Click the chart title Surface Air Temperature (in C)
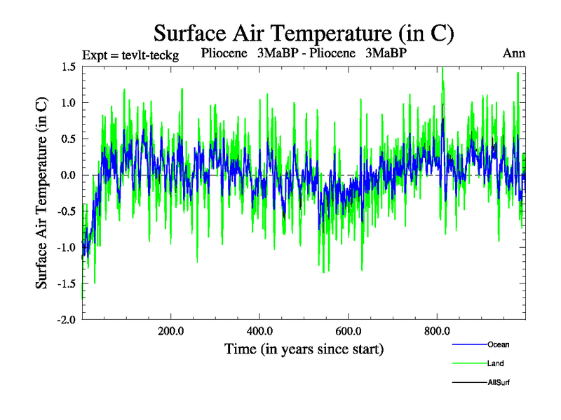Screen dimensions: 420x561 [x=304, y=33]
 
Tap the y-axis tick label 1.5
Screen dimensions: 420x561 [x=68, y=66]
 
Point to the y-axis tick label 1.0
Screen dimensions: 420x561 [x=68, y=103]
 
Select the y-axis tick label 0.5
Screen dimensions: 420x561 [x=68, y=139]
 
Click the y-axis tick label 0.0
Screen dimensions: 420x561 [x=68, y=175]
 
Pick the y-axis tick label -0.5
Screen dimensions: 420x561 [x=67, y=211]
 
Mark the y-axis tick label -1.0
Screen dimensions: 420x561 [x=67, y=247]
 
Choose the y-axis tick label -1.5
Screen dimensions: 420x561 [x=67, y=283]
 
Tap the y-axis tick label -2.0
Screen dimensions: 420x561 [x=67, y=319]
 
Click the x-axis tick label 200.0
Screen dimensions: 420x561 [x=171, y=331]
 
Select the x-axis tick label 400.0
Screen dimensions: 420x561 [x=259, y=331]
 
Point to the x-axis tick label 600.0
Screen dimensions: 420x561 [x=349, y=331]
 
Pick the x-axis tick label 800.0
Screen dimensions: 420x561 [x=437, y=331]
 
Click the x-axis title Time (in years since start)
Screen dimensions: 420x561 [x=304, y=349]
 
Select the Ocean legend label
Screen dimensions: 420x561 [x=498, y=344]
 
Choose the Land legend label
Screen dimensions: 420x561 [x=495, y=363]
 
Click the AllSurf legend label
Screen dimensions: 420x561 [x=499, y=383]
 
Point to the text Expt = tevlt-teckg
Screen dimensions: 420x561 [x=130, y=55]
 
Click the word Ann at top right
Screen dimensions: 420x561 [x=514, y=53]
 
